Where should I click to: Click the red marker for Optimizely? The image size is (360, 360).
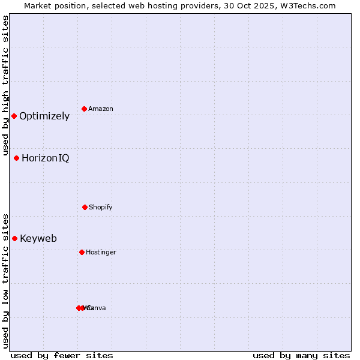pyautogui.click(x=14, y=116)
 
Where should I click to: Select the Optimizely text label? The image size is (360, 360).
pyautogui.click(x=44, y=116)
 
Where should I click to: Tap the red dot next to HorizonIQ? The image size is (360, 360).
pyautogui.click(x=17, y=158)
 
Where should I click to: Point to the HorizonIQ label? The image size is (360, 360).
pyautogui.click(x=46, y=158)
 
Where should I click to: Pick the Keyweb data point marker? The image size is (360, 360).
pyautogui.click(x=14, y=238)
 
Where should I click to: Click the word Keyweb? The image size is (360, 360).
pyautogui.click(x=38, y=239)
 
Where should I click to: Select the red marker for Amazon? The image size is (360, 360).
pyautogui.click(x=85, y=109)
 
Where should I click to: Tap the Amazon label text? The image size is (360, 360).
pyautogui.click(x=101, y=109)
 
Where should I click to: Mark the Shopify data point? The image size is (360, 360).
pyautogui.click(x=85, y=207)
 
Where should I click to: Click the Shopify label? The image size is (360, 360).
pyautogui.click(x=101, y=208)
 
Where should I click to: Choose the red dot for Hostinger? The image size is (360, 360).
pyautogui.click(x=82, y=252)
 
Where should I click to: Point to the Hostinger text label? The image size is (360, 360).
pyautogui.click(x=101, y=253)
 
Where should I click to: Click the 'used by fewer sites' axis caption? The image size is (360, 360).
pyautogui.click(x=62, y=355)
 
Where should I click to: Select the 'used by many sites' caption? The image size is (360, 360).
pyautogui.click(x=301, y=355)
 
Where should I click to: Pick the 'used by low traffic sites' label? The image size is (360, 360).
pyautogui.click(x=5, y=281)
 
